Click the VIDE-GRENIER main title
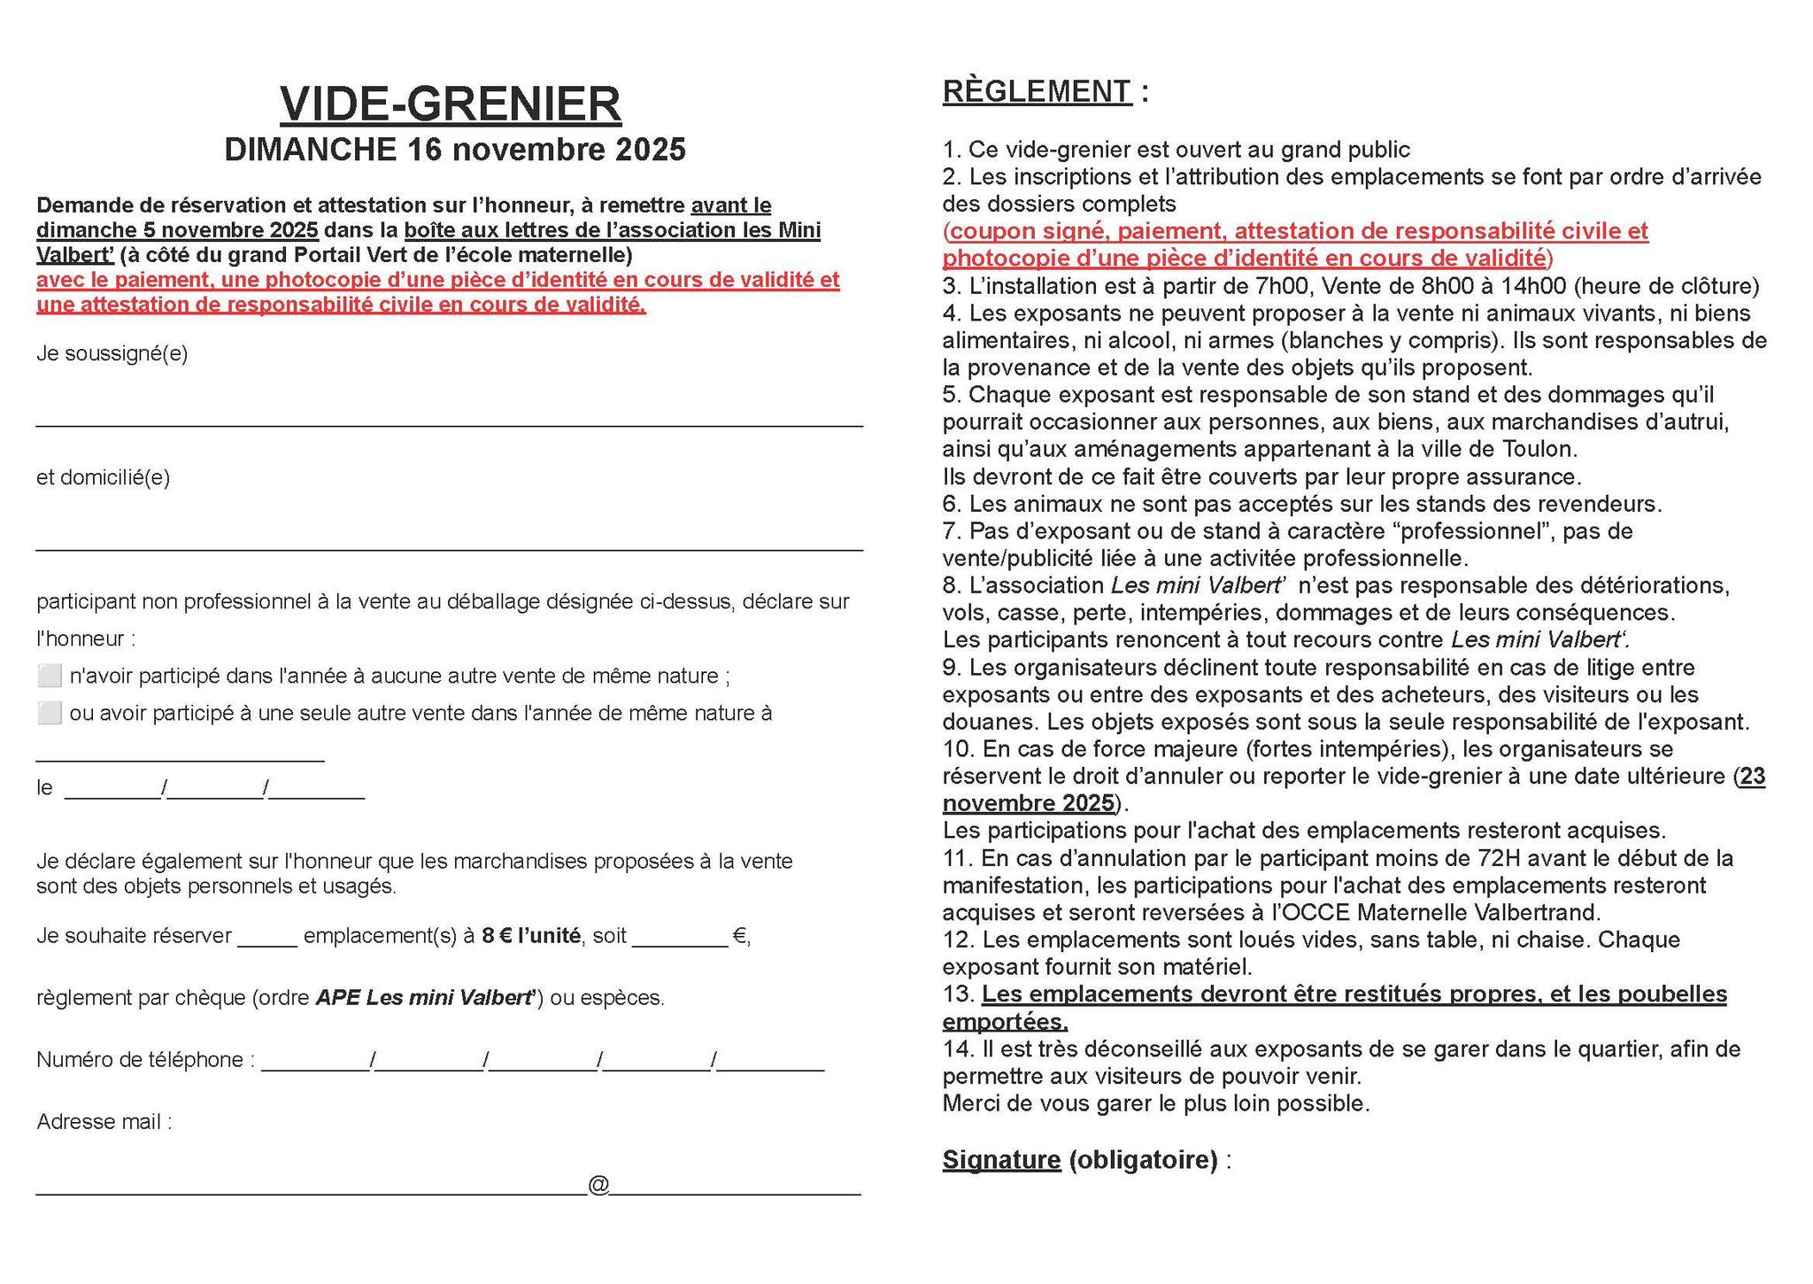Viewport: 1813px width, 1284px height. coord(451,104)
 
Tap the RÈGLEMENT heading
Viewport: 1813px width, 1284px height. coord(1037,92)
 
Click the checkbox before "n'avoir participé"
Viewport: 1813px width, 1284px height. coord(50,677)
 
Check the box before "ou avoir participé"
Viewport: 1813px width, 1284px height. coord(50,713)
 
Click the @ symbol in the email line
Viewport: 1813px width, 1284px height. coord(598,1186)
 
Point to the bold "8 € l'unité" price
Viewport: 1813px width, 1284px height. coord(530,936)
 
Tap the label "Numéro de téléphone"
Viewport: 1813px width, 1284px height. coord(140,1060)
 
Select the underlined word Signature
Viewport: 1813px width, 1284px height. coord(1001,1160)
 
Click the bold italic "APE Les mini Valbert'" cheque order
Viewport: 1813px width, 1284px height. coord(426,998)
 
